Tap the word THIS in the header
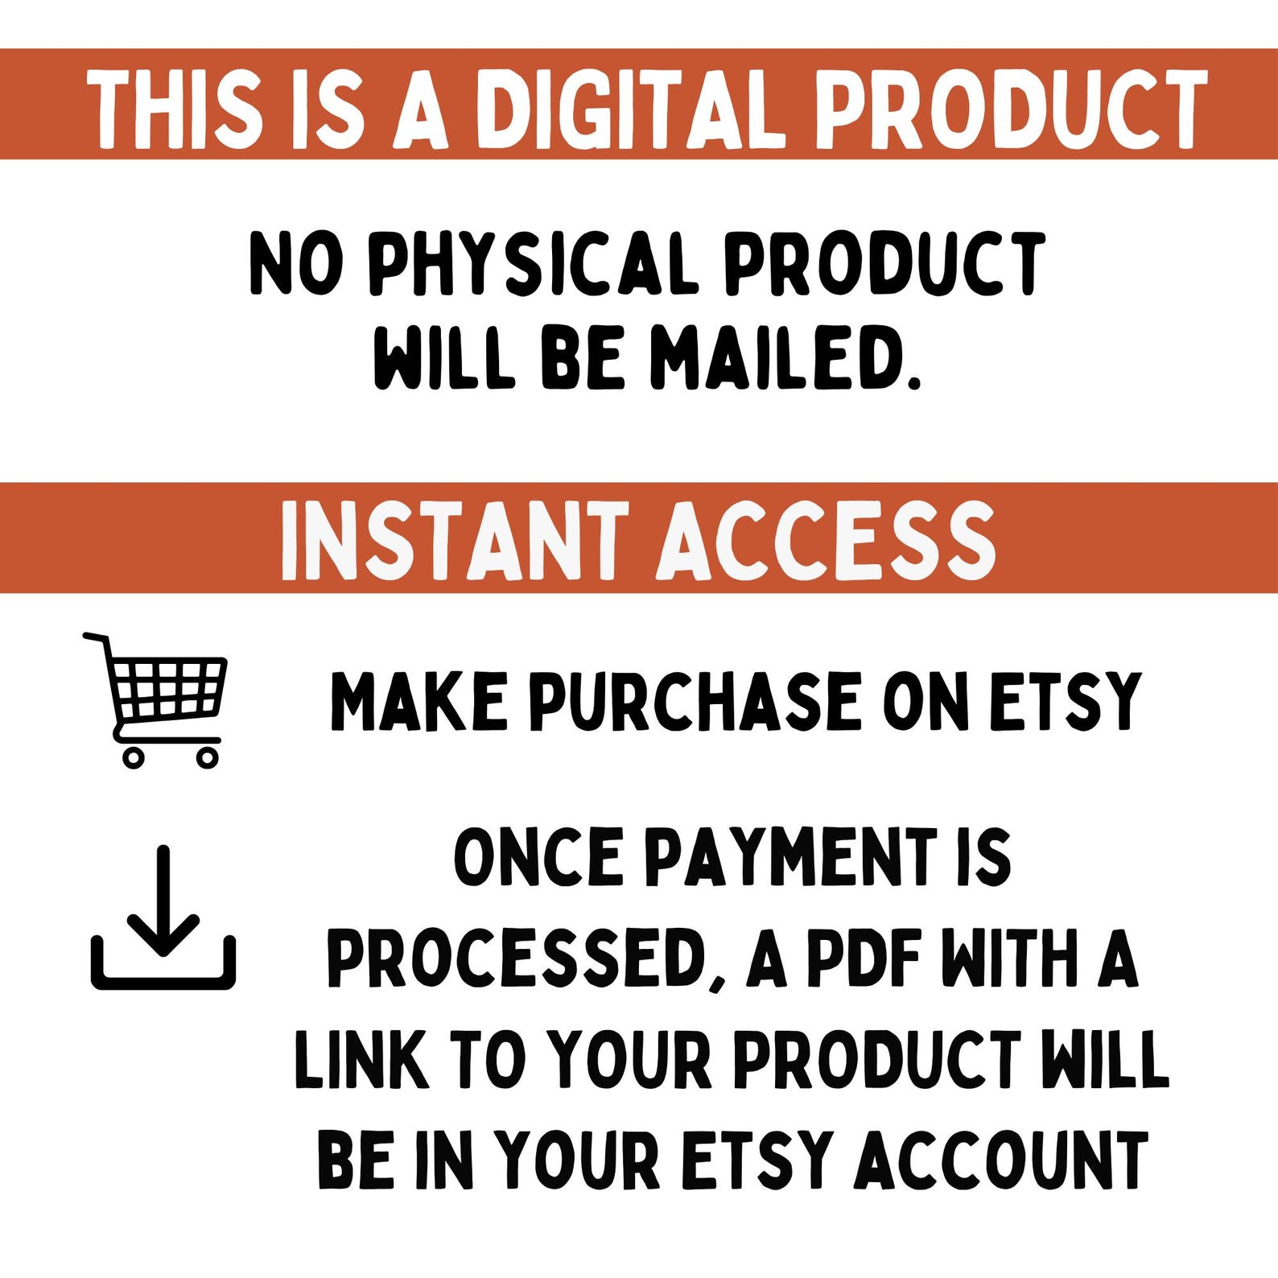(x=175, y=109)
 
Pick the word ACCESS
(x=827, y=539)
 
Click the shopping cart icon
(x=154, y=699)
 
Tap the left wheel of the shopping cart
(x=133, y=756)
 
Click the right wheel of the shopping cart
(x=207, y=756)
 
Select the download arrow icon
(x=163, y=917)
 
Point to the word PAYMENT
(x=793, y=858)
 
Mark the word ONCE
(x=538, y=858)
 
